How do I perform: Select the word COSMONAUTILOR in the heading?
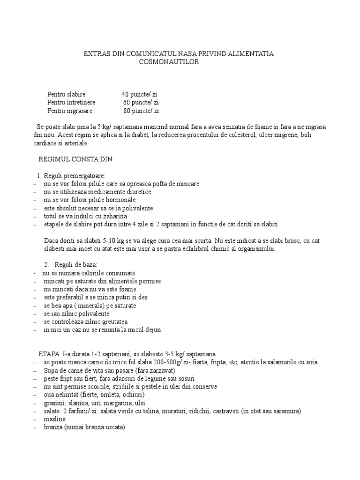pyautogui.click(x=169, y=62)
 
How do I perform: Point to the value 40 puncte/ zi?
pyautogui.click(x=139, y=94)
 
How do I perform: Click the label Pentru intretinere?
pyautogui.click(x=71, y=103)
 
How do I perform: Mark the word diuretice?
pyautogui.click(x=136, y=192)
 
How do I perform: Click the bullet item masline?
pyautogui.click(x=55, y=419)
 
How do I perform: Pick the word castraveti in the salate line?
pyautogui.click(x=227, y=411)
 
